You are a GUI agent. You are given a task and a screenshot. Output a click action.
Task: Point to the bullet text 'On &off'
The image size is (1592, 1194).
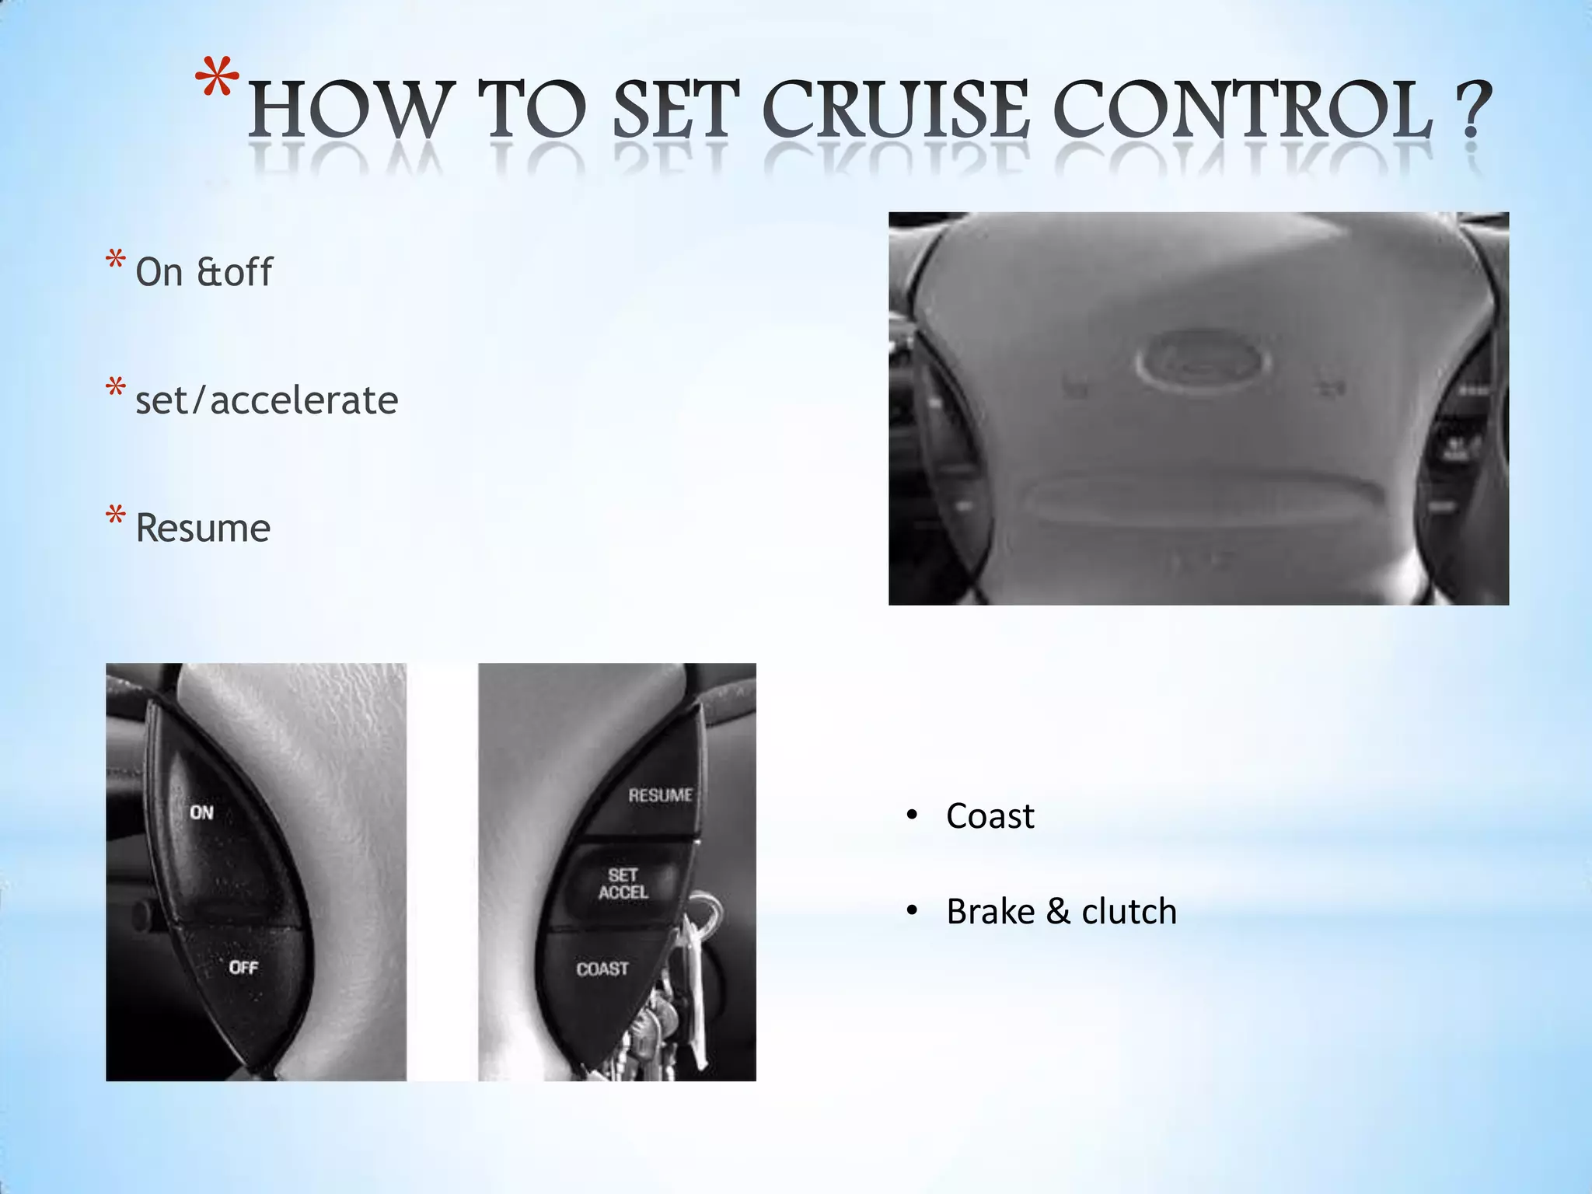204,272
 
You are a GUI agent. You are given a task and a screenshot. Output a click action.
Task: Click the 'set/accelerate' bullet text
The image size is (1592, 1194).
267,400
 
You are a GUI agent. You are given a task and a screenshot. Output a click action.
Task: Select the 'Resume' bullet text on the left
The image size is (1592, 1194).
203,529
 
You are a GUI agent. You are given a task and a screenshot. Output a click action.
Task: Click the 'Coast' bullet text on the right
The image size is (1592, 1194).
990,816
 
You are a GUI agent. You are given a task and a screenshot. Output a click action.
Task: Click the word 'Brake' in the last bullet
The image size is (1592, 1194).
990,911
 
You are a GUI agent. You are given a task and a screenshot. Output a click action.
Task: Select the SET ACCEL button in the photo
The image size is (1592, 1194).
623,884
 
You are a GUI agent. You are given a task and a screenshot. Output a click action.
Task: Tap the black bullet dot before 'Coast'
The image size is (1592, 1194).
912,816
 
